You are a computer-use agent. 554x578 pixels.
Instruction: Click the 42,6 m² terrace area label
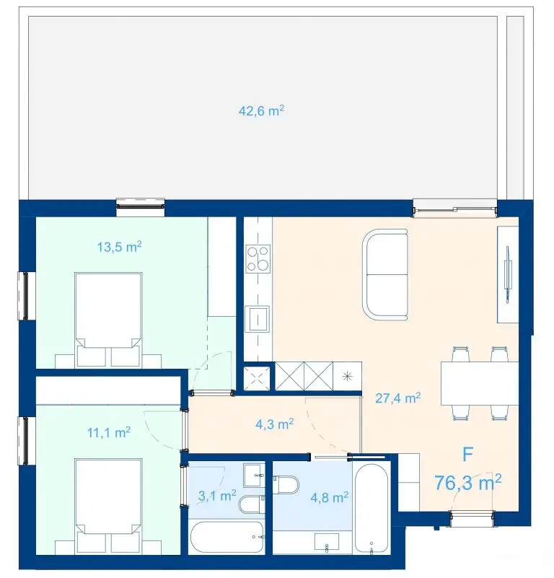point(261,110)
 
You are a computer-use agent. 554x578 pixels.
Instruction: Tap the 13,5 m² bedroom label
point(120,247)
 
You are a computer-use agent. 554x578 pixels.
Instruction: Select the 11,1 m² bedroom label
point(109,432)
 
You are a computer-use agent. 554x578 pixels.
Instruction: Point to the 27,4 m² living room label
point(397,398)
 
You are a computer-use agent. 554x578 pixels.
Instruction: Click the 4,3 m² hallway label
point(275,424)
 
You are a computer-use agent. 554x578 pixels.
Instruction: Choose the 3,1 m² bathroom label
point(217,496)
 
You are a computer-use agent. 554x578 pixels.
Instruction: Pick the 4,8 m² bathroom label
point(329,498)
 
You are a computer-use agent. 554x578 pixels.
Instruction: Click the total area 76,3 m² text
point(467,483)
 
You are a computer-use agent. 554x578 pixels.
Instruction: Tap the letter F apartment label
point(467,455)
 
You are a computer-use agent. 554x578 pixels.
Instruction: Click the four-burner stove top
point(258,259)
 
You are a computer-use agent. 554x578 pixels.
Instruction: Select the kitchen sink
point(258,318)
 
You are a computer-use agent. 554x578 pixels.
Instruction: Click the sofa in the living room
point(384,275)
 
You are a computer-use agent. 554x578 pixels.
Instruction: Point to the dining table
point(480,383)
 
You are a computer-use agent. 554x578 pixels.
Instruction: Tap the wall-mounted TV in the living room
point(508,274)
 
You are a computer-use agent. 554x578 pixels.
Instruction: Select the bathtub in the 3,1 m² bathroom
point(227,537)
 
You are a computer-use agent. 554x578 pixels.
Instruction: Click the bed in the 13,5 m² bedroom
point(108,320)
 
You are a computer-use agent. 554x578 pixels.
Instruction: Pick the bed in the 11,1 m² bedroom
point(108,506)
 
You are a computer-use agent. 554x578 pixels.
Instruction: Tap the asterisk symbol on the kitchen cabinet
point(347,377)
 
